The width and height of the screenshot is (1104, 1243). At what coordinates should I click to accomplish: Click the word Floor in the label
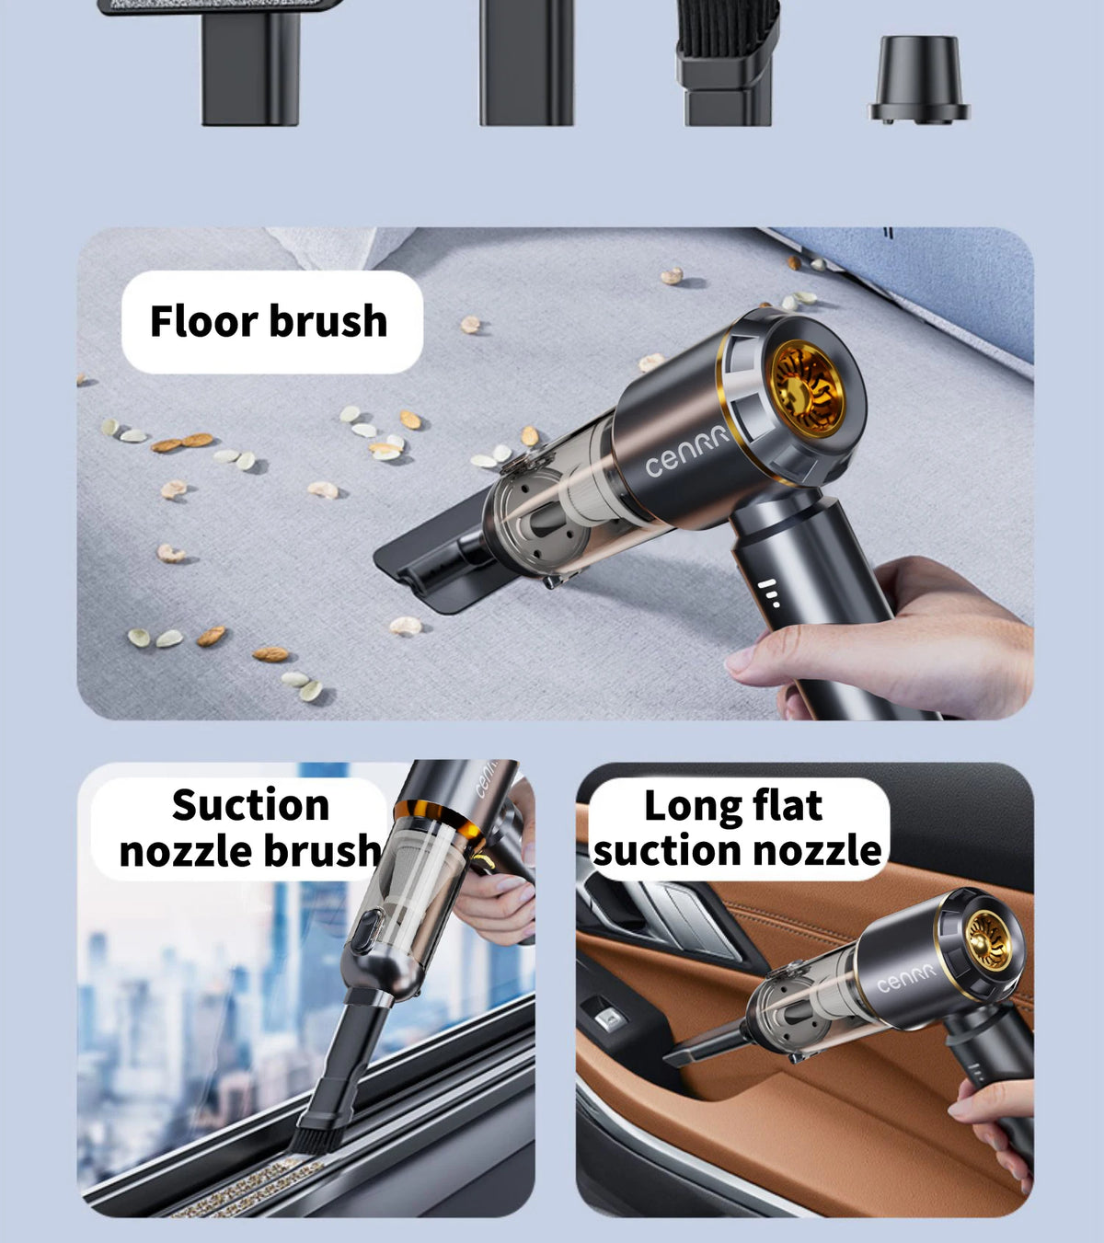click(x=203, y=321)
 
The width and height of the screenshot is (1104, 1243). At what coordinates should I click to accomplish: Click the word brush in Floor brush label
click(x=328, y=321)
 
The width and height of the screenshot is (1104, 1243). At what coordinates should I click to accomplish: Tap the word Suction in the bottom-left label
click(x=250, y=805)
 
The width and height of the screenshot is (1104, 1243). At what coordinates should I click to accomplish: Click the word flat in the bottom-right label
click(x=788, y=806)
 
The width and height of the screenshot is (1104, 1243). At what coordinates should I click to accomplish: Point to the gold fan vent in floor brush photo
click(x=808, y=388)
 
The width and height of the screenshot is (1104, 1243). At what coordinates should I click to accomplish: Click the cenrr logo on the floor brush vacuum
click(x=686, y=452)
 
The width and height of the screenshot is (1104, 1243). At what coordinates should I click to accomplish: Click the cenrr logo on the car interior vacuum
click(x=905, y=978)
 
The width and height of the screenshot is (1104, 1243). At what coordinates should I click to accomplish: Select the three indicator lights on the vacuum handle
click(x=769, y=593)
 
